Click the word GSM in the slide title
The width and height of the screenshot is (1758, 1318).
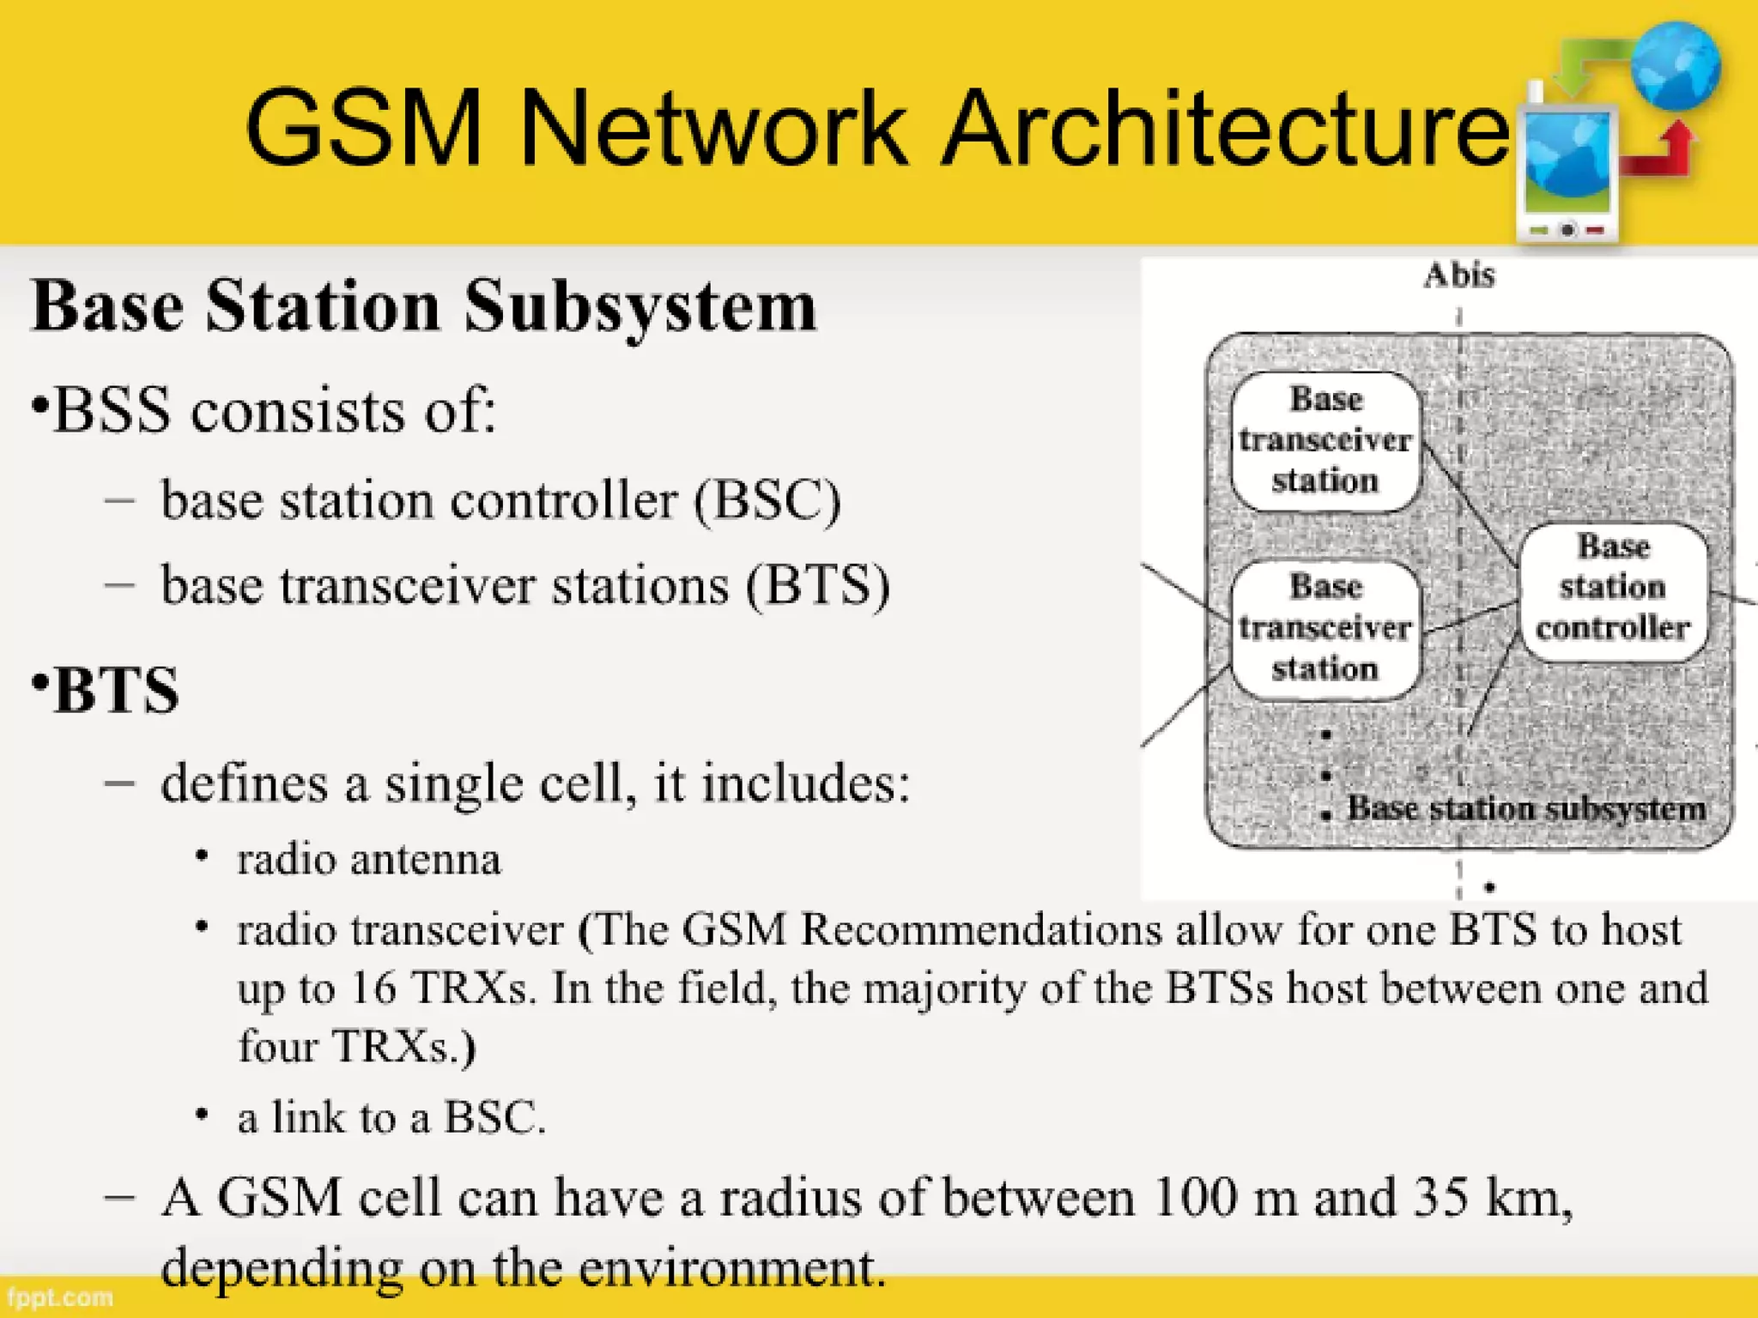click(x=364, y=129)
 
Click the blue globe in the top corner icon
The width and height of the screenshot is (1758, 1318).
click(x=1675, y=65)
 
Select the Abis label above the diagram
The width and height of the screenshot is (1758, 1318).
click(x=1459, y=276)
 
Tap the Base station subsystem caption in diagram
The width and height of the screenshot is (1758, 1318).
click(x=1526, y=808)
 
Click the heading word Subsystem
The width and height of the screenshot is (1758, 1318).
click(x=640, y=306)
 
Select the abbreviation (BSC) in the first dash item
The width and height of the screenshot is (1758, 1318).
click(x=767, y=500)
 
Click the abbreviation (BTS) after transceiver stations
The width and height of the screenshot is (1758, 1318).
click(x=817, y=586)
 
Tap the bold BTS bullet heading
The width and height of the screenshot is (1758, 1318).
click(x=117, y=690)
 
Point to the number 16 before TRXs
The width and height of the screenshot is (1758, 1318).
click(x=373, y=988)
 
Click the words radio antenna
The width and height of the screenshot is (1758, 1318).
click(x=368, y=860)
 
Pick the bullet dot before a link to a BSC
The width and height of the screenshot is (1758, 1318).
click(x=202, y=1115)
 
